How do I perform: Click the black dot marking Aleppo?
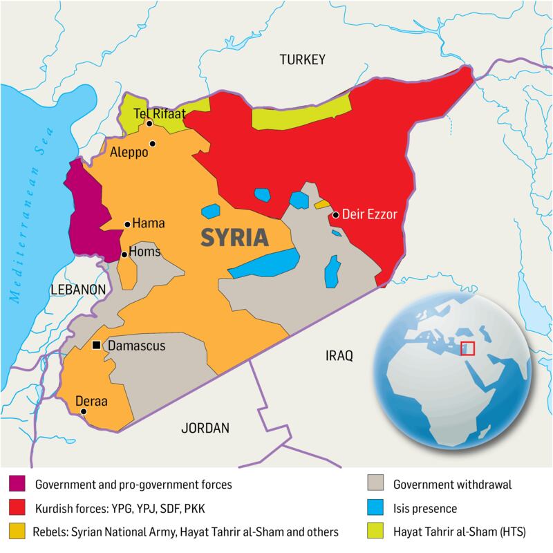pyautogui.click(x=153, y=144)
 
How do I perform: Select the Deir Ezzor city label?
pyautogui.click(x=370, y=215)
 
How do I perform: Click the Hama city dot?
pyautogui.click(x=127, y=224)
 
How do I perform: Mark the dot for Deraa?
pyautogui.click(x=84, y=412)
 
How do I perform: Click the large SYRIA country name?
pyautogui.click(x=234, y=237)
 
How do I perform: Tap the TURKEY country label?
pyautogui.click(x=301, y=61)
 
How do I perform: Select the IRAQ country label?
pyautogui.click(x=339, y=356)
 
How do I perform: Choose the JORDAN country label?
pyautogui.click(x=204, y=428)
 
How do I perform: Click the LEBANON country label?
pyautogui.click(x=77, y=289)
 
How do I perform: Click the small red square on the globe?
pyautogui.click(x=468, y=348)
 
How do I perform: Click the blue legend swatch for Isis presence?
pyautogui.click(x=377, y=509)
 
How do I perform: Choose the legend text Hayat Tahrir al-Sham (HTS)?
pyautogui.click(x=454, y=532)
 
